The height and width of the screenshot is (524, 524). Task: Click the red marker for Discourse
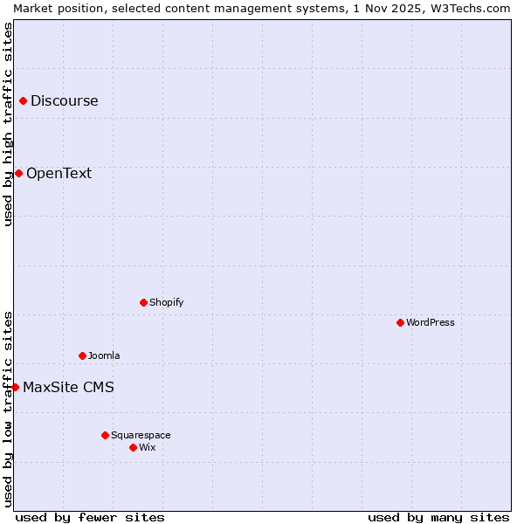[x=24, y=101]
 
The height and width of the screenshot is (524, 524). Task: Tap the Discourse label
[x=64, y=101]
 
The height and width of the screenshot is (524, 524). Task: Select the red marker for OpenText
[x=18, y=173]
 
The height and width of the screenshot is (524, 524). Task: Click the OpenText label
[x=59, y=173]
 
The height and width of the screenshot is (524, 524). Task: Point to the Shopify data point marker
[x=143, y=303]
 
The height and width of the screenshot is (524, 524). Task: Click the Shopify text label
[x=166, y=303]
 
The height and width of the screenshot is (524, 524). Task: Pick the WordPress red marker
[x=400, y=323]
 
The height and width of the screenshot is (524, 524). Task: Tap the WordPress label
[x=430, y=323]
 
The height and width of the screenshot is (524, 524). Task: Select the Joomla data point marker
[x=82, y=356]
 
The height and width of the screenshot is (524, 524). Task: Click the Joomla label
[x=104, y=356]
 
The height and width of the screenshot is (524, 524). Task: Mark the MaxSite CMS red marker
[x=15, y=387]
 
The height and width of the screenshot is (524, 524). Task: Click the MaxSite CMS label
[x=68, y=387]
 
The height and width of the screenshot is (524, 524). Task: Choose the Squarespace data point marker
[x=105, y=435]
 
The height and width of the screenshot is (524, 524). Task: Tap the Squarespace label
[x=141, y=435]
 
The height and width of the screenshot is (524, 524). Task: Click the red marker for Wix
[x=133, y=447]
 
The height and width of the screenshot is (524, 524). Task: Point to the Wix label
[x=148, y=447]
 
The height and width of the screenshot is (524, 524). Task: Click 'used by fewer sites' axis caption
[x=90, y=517]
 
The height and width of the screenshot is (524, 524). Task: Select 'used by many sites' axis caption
[x=438, y=517]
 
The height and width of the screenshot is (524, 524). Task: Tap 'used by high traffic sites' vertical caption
[x=8, y=124]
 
